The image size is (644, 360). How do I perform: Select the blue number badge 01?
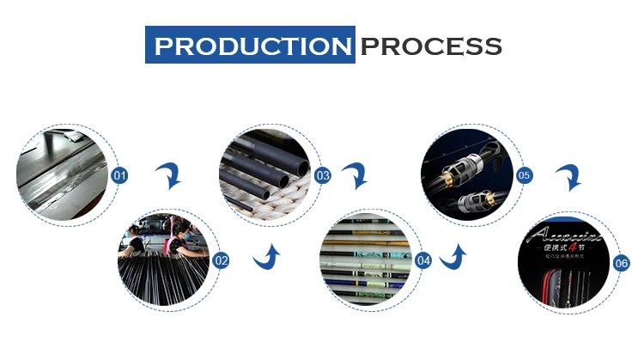[x=120, y=176]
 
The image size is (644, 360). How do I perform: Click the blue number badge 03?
[x=323, y=176]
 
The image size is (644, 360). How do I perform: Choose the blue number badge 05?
[x=524, y=176]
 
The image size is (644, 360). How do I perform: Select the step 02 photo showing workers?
[x=165, y=258]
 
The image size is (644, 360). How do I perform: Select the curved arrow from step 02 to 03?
[x=269, y=255]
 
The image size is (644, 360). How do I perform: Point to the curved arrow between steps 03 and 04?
[x=354, y=178]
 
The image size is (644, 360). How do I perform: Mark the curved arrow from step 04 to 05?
[x=453, y=255]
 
